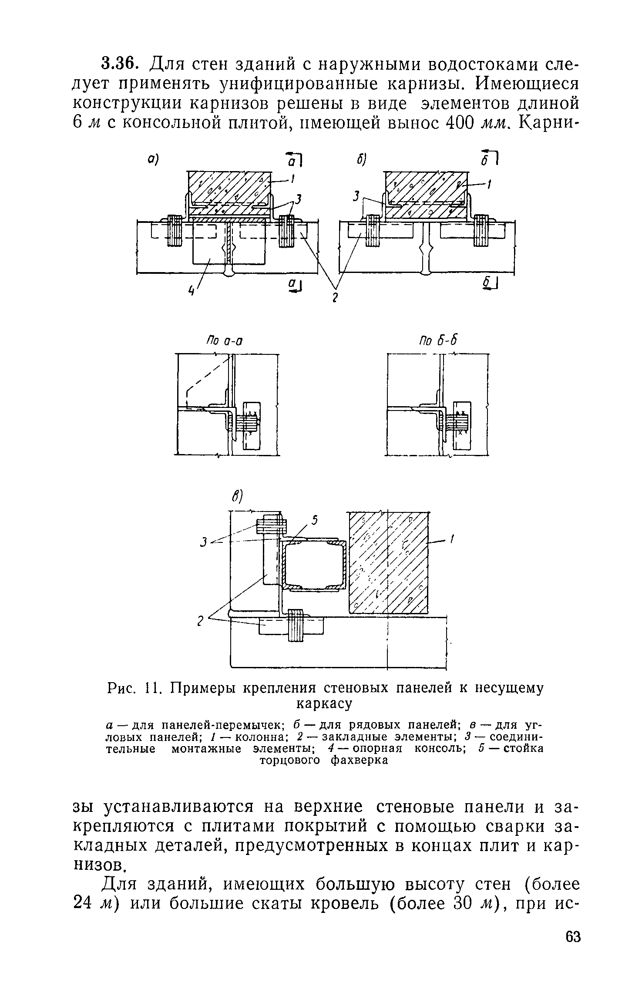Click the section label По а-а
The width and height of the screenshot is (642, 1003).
point(224,340)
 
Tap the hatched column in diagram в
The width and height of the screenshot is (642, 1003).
point(387,562)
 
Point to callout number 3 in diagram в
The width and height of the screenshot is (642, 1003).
point(203,542)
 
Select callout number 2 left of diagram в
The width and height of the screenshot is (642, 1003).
point(201,622)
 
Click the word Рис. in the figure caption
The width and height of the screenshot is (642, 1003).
point(122,688)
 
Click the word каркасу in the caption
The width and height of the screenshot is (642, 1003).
point(323,703)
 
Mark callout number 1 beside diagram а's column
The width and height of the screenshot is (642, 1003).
point(294,178)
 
